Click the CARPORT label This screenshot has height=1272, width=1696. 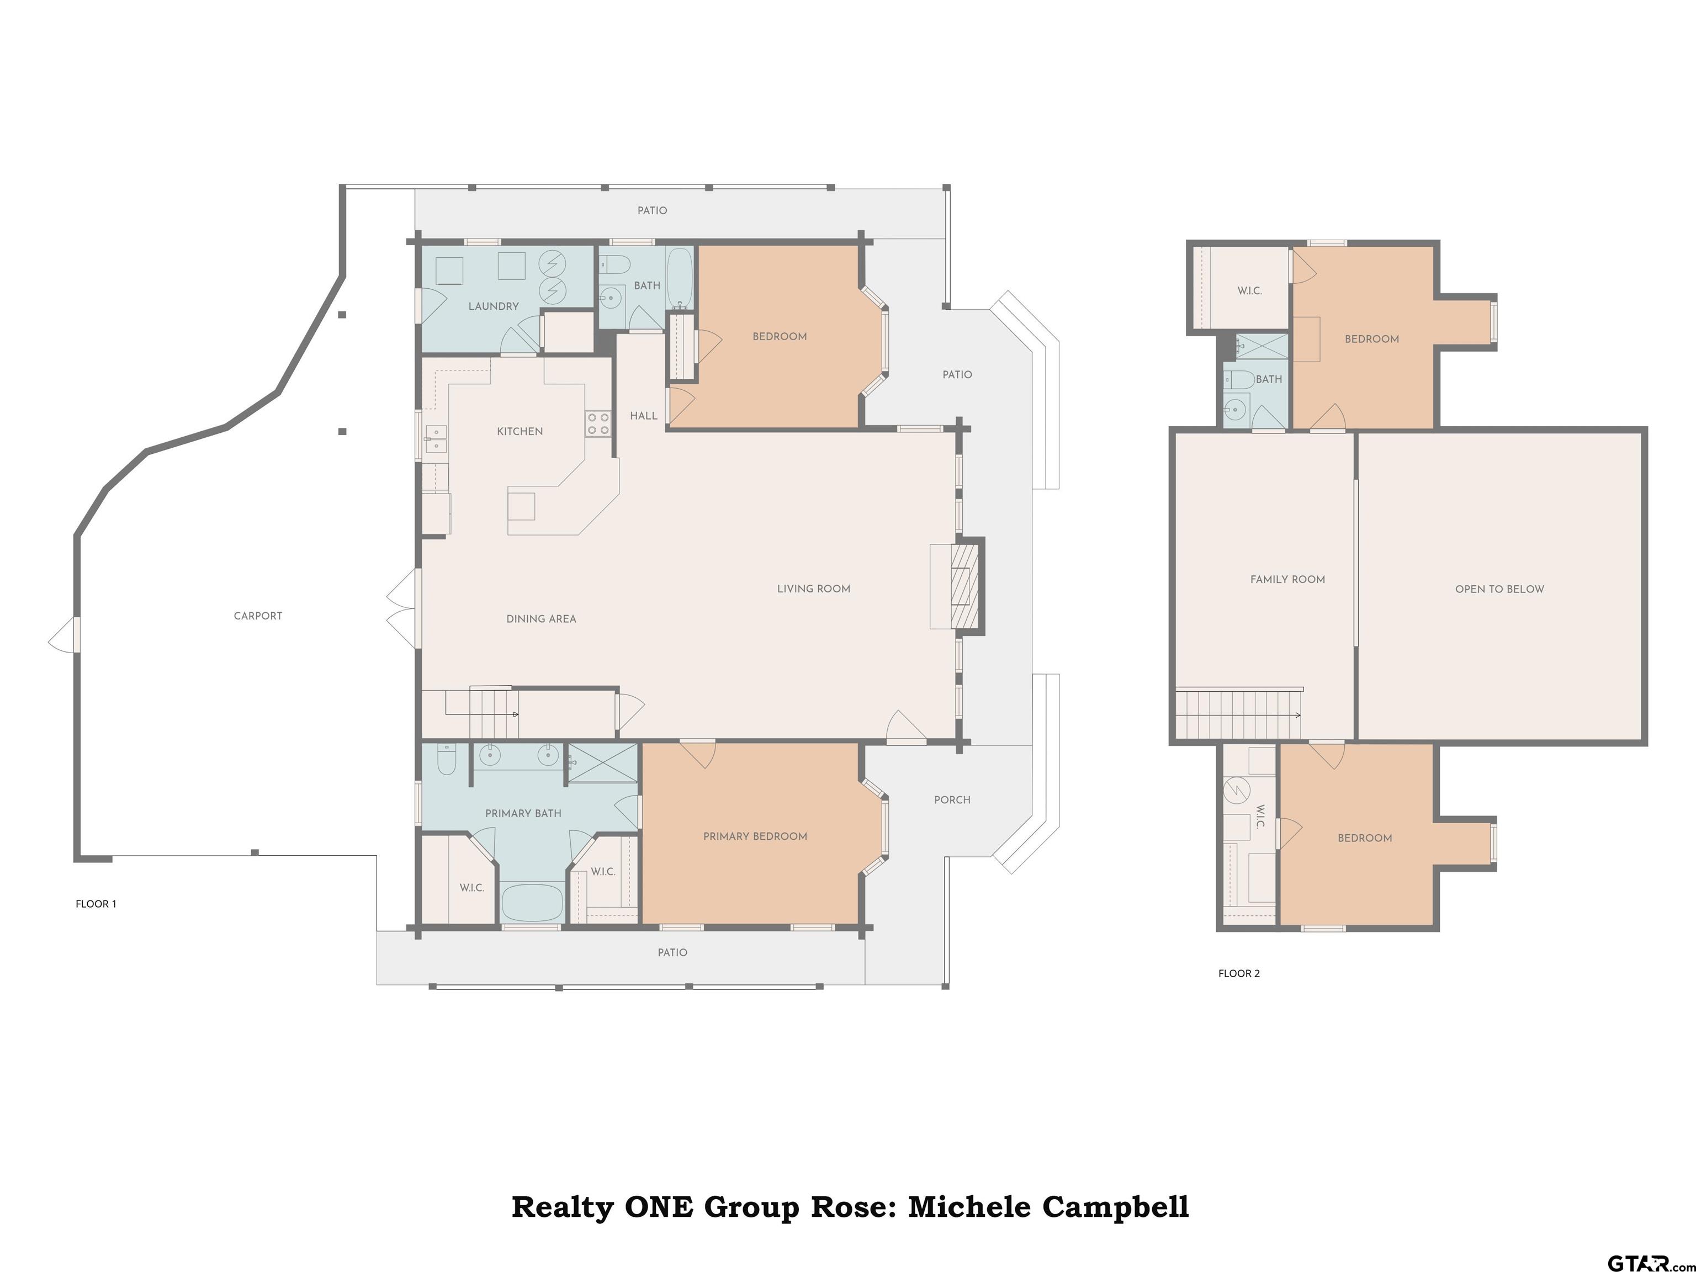(x=258, y=616)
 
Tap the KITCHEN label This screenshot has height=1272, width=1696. (x=520, y=432)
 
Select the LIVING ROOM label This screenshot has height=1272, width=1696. (x=814, y=589)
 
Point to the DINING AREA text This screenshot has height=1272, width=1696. (x=541, y=619)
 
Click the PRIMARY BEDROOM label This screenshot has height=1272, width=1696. (x=755, y=836)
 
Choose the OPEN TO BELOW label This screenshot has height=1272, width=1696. (x=1499, y=589)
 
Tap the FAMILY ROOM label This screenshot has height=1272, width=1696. (x=1287, y=580)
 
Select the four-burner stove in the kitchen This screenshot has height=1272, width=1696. (x=598, y=424)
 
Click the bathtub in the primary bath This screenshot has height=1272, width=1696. (x=532, y=903)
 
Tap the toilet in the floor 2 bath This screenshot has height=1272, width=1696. (x=1238, y=379)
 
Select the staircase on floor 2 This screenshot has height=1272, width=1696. (x=1238, y=714)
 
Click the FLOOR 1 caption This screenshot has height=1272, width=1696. (x=96, y=904)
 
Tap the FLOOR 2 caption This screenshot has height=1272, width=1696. (x=1239, y=974)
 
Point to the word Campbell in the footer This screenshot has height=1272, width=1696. (x=1116, y=1207)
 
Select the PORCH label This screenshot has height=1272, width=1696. (x=952, y=800)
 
